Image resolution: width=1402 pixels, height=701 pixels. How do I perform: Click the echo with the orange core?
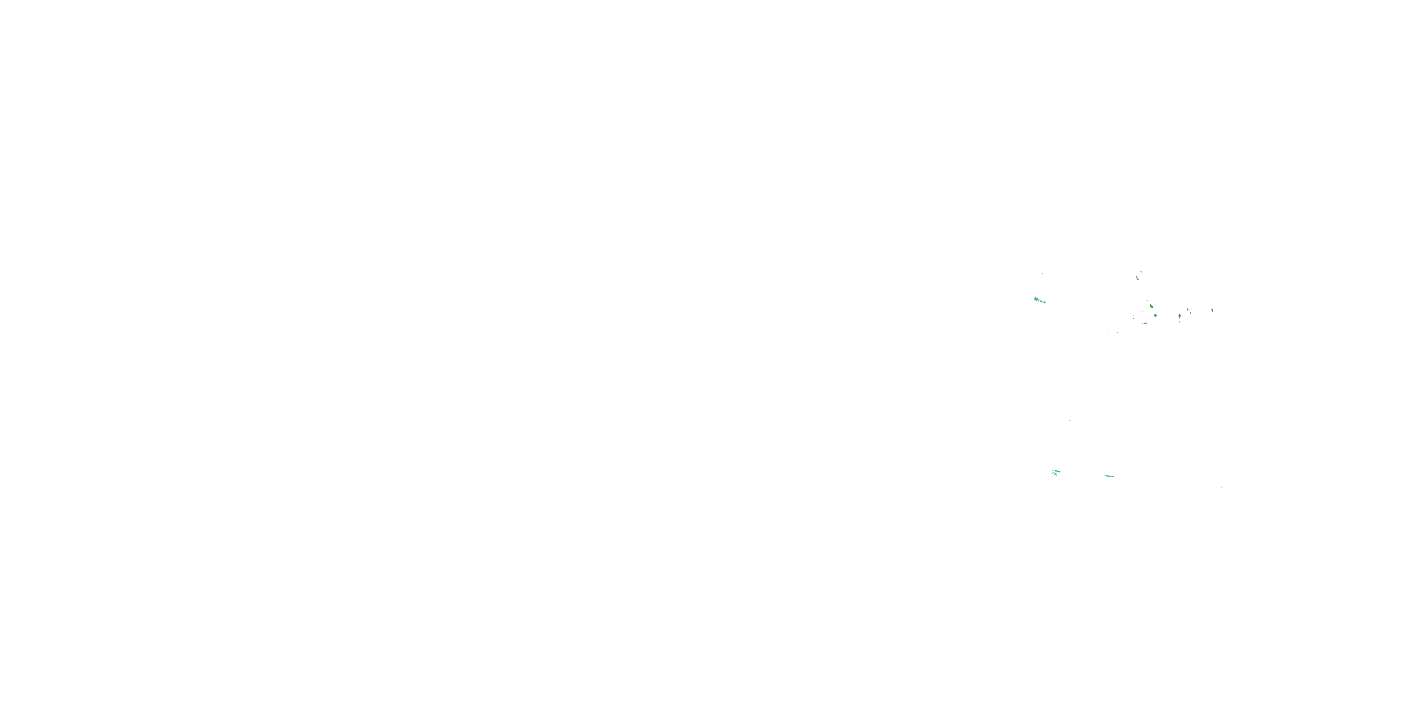[x=1152, y=307]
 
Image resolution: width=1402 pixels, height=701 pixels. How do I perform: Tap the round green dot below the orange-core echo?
[x=1155, y=315]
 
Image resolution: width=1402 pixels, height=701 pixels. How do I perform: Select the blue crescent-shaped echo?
[x=1137, y=278]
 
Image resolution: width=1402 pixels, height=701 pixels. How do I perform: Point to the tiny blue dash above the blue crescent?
[x=1141, y=272]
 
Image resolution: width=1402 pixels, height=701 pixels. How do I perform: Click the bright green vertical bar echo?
[x=1213, y=311]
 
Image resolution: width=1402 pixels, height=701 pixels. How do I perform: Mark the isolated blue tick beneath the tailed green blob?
[x=1180, y=322]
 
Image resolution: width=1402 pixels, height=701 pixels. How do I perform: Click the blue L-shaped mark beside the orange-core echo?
[x=1143, y=311]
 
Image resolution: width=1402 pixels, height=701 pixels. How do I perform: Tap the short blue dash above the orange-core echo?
[x=1148, y=301]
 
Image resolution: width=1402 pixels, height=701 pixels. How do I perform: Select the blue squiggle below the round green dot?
[x=1145, y=323]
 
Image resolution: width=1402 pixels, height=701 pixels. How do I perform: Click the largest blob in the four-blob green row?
[x=1036, y=300]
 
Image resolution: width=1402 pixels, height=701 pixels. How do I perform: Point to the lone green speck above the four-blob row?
[x=1043, y=274]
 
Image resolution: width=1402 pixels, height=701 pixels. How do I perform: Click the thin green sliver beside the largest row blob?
[x=1039, y=300]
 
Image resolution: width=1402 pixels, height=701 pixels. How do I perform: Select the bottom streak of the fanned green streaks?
[x=1056, y=475]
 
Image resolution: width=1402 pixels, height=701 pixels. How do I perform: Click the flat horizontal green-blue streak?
[x=1109, y=476]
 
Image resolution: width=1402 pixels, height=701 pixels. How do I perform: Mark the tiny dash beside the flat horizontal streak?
[x=1101, y=476]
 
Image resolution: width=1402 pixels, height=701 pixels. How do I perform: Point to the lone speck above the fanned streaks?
[x=1069, y=421]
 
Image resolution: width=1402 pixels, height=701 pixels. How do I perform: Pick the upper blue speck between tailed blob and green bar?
[x=1188, y=310]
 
